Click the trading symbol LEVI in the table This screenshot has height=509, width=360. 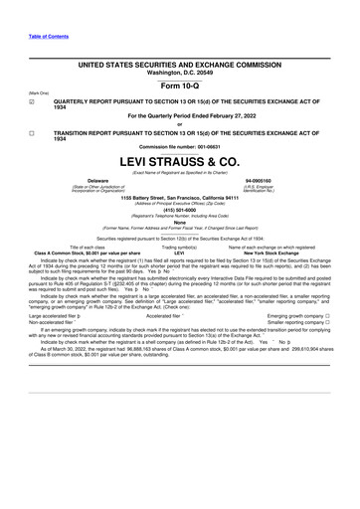pos(179,253)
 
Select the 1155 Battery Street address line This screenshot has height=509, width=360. pos(179,197)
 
